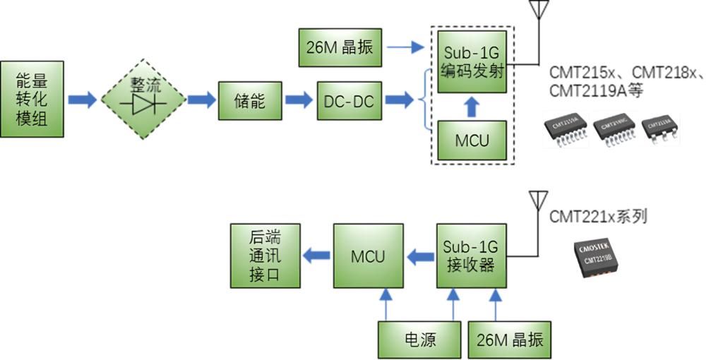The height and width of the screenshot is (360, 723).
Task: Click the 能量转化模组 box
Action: point(32,99)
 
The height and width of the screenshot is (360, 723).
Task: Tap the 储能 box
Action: point(249,100)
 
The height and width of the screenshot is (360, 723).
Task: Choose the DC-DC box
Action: point(349,100)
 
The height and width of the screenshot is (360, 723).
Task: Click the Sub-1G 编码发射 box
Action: point(472,61)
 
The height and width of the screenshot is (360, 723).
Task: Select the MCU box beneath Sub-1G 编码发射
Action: point(472,139)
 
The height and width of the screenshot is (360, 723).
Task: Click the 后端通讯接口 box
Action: point(265,256)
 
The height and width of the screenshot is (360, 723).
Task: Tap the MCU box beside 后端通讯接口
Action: point(368,256)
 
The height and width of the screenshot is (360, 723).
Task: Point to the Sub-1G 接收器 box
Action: point(471,256)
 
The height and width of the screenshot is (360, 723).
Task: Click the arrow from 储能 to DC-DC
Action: point(299,100)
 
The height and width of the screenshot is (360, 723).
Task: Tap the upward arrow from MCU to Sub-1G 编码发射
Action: point(472,107)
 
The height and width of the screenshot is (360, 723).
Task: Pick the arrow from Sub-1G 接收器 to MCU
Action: point(420,256)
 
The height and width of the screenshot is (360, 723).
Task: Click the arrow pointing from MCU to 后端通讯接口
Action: point(316,256)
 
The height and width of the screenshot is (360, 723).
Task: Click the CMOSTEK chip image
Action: point(597,258)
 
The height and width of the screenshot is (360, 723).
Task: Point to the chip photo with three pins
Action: point(659,129)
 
